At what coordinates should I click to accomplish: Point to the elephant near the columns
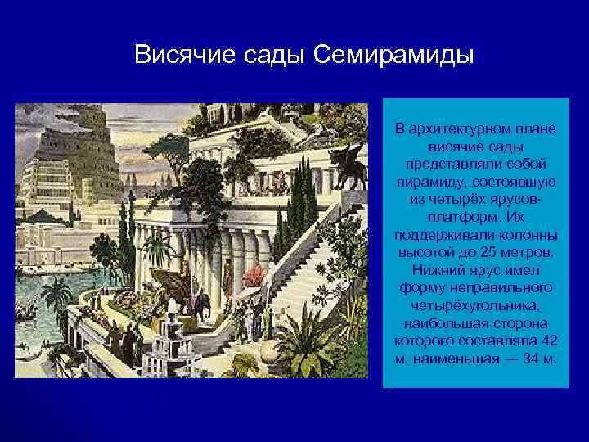tap(202, 303)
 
